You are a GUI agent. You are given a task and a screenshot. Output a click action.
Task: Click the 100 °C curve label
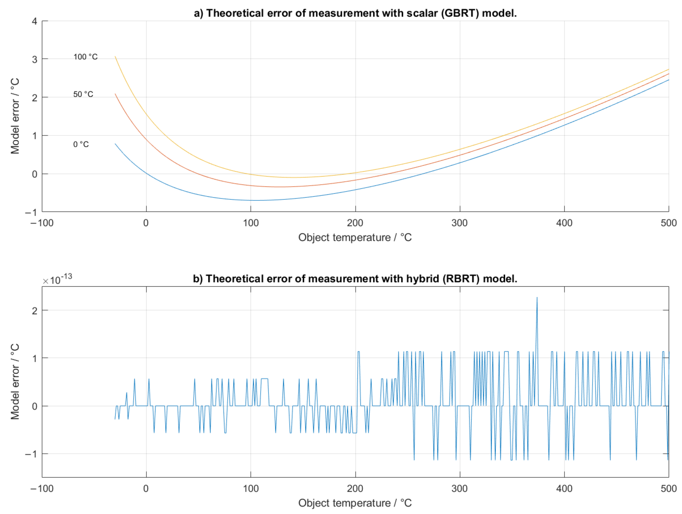click(85, 57)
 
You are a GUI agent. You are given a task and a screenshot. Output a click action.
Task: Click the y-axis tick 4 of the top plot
click(34, 21)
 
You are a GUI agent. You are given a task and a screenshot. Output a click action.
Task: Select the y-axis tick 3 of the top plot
click(34, 59)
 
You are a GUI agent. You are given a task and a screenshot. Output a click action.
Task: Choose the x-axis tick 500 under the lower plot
click(668, 488)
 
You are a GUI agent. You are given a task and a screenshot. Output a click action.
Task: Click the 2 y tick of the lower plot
click(34, 310)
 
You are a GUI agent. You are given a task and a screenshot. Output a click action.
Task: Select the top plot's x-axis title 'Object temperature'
click(355, 237)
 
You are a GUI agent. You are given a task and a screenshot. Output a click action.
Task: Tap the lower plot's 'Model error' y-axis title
click(15, 382)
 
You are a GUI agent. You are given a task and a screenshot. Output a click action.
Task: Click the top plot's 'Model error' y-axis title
click(15, 116)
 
